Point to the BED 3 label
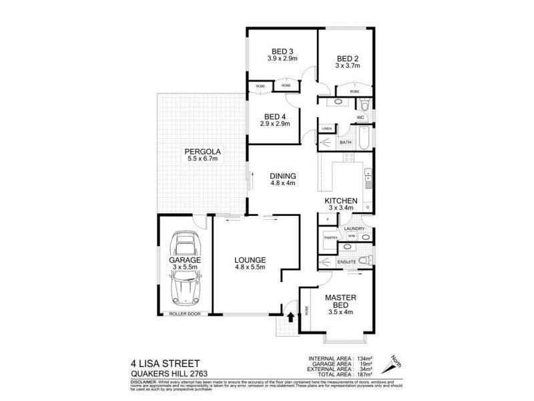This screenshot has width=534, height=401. pos(282,51)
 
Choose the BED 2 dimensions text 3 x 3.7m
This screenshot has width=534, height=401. pos(347,66)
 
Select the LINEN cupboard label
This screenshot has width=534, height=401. pos(326,128)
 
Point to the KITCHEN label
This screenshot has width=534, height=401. pos(341,200)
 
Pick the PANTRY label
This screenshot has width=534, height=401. pos(329,237)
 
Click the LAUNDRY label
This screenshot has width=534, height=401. pos(353,229)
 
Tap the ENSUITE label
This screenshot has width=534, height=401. pos(346,262)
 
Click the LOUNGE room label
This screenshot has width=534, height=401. pos(251,259)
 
